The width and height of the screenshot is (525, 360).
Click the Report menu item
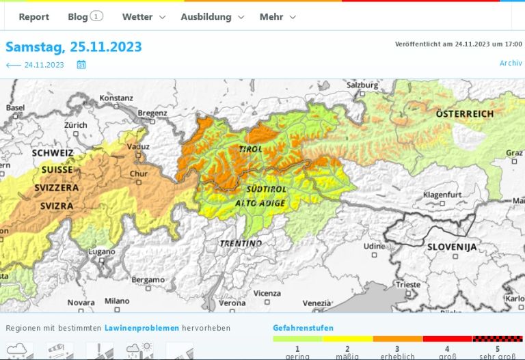point(33,16)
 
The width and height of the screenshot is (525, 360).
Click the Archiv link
point(511,63)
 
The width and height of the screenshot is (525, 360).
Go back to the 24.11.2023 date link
point(35,65)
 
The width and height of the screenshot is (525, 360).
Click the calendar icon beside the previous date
point(81,65)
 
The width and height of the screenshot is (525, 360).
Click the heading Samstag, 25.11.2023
point(74,47)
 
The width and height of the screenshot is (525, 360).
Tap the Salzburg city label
point(362,85)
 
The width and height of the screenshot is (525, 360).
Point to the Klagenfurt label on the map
point(443,195)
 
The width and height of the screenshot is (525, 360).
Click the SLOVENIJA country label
point(452,247)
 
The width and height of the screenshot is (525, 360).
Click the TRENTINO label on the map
point(241,243)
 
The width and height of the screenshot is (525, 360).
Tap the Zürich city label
point(76,125)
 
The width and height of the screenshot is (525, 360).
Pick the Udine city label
point(374,246)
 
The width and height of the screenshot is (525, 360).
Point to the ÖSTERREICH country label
point(465,113)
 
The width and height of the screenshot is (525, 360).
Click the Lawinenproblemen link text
point(142,328)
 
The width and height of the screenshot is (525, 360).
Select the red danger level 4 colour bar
point(448,339)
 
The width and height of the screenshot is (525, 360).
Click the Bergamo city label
point(148,279)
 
